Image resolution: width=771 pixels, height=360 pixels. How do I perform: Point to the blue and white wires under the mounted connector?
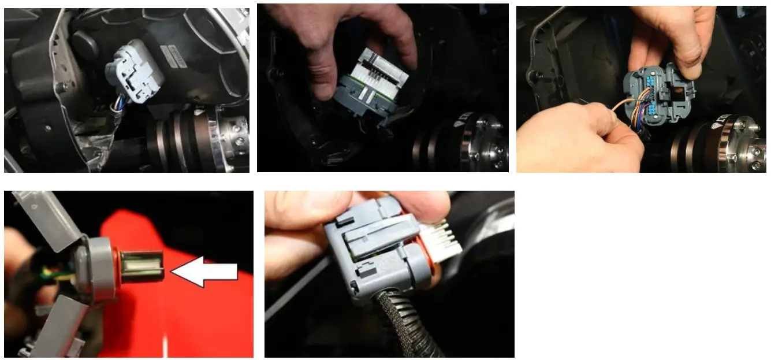point(117,104)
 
